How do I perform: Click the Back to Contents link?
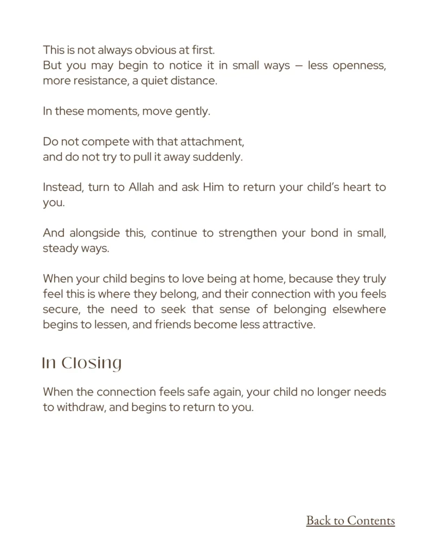[350, 521]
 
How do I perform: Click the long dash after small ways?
[298, 66]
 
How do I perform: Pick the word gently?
[192, 112]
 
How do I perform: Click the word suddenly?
[219, 157]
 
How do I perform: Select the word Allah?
[142, 188]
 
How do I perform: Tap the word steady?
[59, 249]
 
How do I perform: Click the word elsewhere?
[360, 310]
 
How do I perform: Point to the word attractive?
[289, 325]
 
